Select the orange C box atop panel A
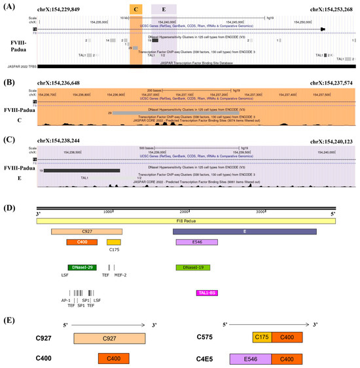(x=135, y=9)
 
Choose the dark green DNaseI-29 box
(x=82, y=268)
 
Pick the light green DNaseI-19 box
(x=192, y=268)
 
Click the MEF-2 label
(x=120, y=276)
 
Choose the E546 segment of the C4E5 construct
(x=250, y=359)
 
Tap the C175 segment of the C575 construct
(x=262, y=338)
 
